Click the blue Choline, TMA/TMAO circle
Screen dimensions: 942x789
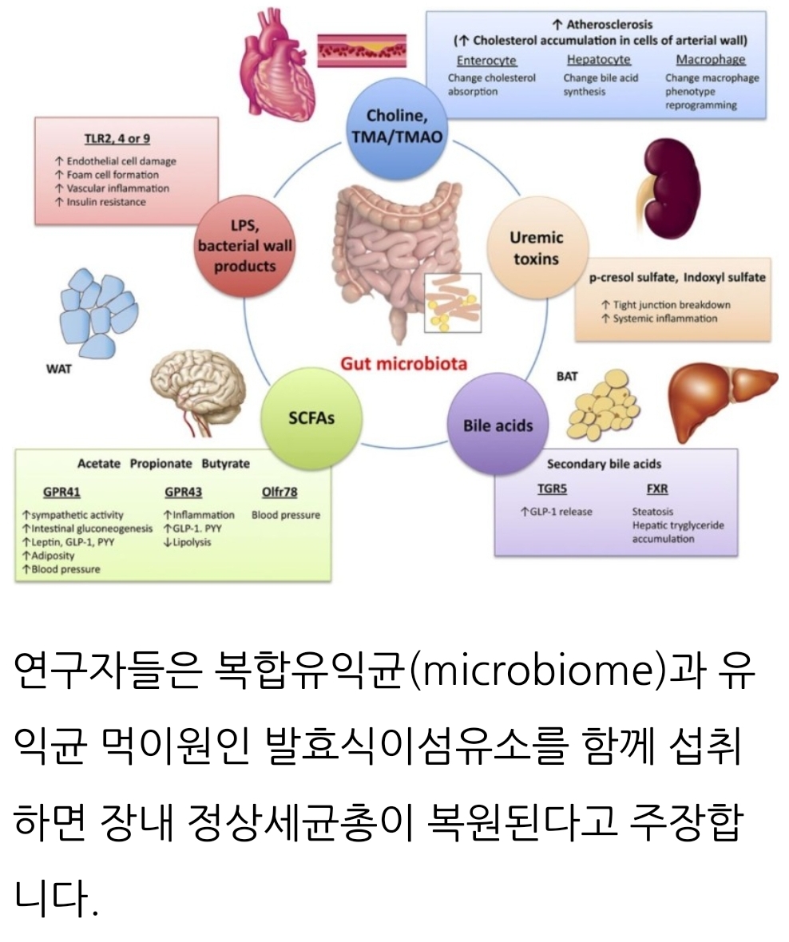point(395,128)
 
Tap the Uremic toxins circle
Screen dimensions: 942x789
point(536,248)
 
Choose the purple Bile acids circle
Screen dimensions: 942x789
point(497,425)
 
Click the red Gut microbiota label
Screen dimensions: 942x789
point(404,364)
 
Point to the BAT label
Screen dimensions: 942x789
point(567,375)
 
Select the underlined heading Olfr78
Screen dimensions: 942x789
point(279,492)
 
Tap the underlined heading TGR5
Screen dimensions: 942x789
point(551,489)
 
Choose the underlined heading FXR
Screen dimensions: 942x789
point(657,489)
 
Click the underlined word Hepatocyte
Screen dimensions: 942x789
point(598,60)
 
